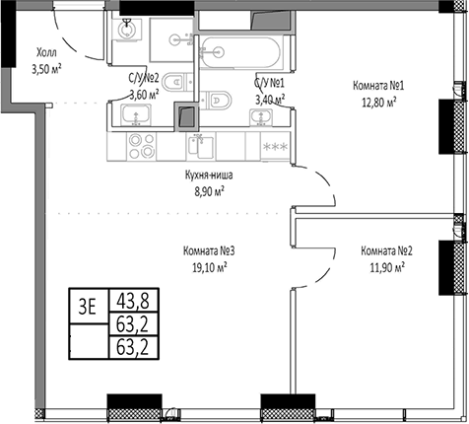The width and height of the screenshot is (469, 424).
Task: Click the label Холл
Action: [x=45, y=55]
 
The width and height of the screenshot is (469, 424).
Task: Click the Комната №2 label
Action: [x=385, y=250]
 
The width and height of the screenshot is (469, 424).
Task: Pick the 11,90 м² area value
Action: [x=385, y=265]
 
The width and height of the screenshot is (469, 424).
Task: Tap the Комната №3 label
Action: [x=209, y=250]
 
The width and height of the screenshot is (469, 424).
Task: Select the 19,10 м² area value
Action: [x=209, y=265]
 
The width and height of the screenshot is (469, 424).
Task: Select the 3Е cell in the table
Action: [x=88, y=306]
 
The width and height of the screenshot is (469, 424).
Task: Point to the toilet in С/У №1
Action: [x=219, y=98]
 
